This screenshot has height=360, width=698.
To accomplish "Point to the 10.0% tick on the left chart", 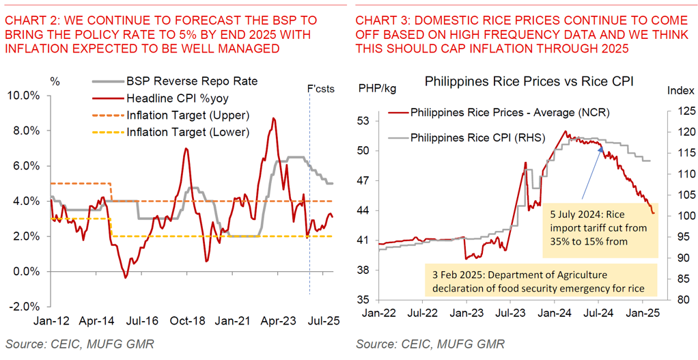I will tap(25, 95).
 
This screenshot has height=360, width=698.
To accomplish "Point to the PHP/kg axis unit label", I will tap(378, 87).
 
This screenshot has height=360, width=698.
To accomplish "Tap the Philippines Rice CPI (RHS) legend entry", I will tap(477, 137).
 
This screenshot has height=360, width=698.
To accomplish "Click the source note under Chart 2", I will tap(79, 344).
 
